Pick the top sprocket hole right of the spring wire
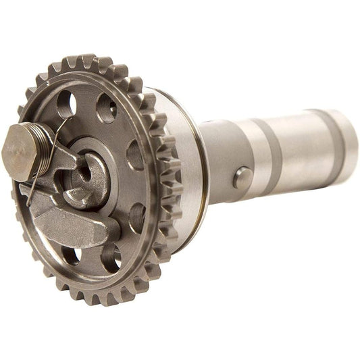(106, 107)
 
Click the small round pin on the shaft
(242, 178)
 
